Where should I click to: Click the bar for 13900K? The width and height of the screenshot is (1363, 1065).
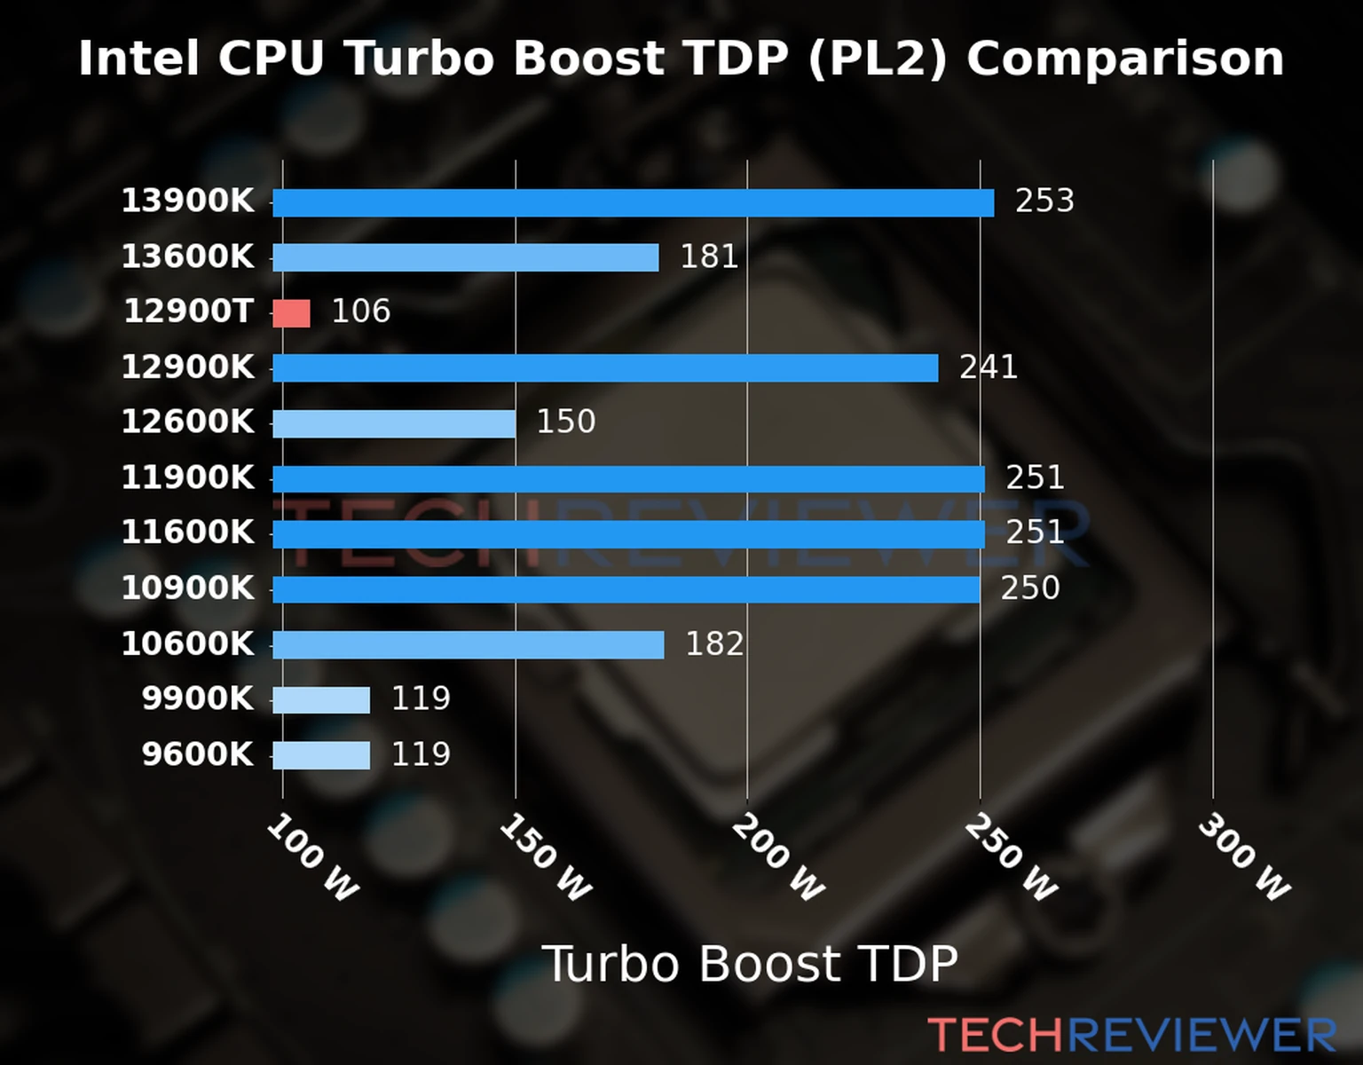pos(633,202)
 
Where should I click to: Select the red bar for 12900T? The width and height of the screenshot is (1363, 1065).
pos(291,313)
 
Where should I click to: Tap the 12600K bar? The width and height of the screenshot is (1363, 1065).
pos(394,423)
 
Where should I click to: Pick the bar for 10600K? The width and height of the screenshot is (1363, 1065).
pos(468,645)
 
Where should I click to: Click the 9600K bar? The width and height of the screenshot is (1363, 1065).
pos(321,755)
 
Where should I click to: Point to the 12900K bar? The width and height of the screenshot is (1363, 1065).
pos(605,368)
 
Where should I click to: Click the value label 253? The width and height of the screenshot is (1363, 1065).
pos(1044,201)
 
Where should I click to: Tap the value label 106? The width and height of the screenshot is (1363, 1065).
pos(360,312)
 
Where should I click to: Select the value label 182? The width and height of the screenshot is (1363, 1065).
pos(714,644)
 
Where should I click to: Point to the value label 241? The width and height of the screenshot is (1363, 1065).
pos(989,367)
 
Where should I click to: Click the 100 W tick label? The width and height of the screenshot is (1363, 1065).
pos(313,857)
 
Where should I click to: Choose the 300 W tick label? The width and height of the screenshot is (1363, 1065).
pos(1244,857)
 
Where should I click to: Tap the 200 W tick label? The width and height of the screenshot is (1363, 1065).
pos(778,857)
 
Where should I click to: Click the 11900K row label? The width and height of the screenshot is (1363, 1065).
pos(187,478)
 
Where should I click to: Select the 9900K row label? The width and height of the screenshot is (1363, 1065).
pos(198,699)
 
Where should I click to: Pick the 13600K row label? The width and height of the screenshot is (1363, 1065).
pos(187,257)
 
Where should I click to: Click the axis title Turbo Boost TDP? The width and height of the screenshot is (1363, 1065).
pos(750,964)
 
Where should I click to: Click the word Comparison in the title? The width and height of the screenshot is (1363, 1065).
pos(1125,59)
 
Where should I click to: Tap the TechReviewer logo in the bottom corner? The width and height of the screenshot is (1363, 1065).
pos(1131,1036)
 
